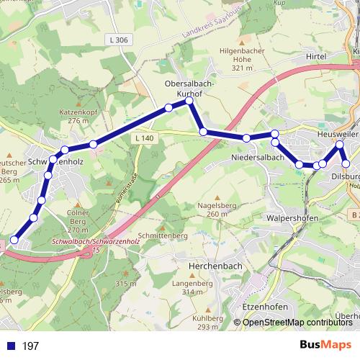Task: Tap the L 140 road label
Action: click(144, 138)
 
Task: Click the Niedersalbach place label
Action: click(256, 157)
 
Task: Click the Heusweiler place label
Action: click(338, 135)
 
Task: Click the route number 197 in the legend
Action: click(30, 346)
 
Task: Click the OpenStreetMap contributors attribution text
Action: click(297, 323)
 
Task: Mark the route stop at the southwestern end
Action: click(14, 240)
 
